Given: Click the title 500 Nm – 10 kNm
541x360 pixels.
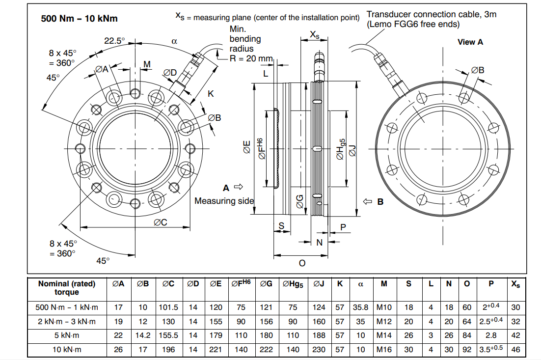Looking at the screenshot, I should pyautogui.click(x=80, y=19).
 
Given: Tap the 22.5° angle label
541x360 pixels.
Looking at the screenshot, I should pyautogui.click(x=114, y=41).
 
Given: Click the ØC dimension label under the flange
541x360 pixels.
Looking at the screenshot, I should pyautogui.click(x=160, y=222).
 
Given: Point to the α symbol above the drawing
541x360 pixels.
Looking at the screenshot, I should pyautogui.click(x=174, y=42).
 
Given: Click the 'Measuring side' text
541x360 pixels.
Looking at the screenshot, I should pyautogui.click(x=224, y=201).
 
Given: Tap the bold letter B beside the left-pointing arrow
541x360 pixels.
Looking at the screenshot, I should pyautogui.click(x=380, y=202).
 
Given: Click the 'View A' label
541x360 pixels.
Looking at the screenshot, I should pyautogui.click(x=470, y=42).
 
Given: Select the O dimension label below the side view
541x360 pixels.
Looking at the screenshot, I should pyautogui.click(x=302, y=263).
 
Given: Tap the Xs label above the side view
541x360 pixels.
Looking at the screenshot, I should pyautogui.click(x=315, y=34).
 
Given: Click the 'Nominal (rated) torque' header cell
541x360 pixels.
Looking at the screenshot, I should pyautogui.click(x=67, y=288).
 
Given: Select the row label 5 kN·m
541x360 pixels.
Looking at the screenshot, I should pyautogui.click(x=67, y=336).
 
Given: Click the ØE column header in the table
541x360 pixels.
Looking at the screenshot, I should pyautogui.click(x=216, y=283).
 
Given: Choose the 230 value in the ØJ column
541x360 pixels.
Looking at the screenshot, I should pyautogui.click(x=319, y=350).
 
